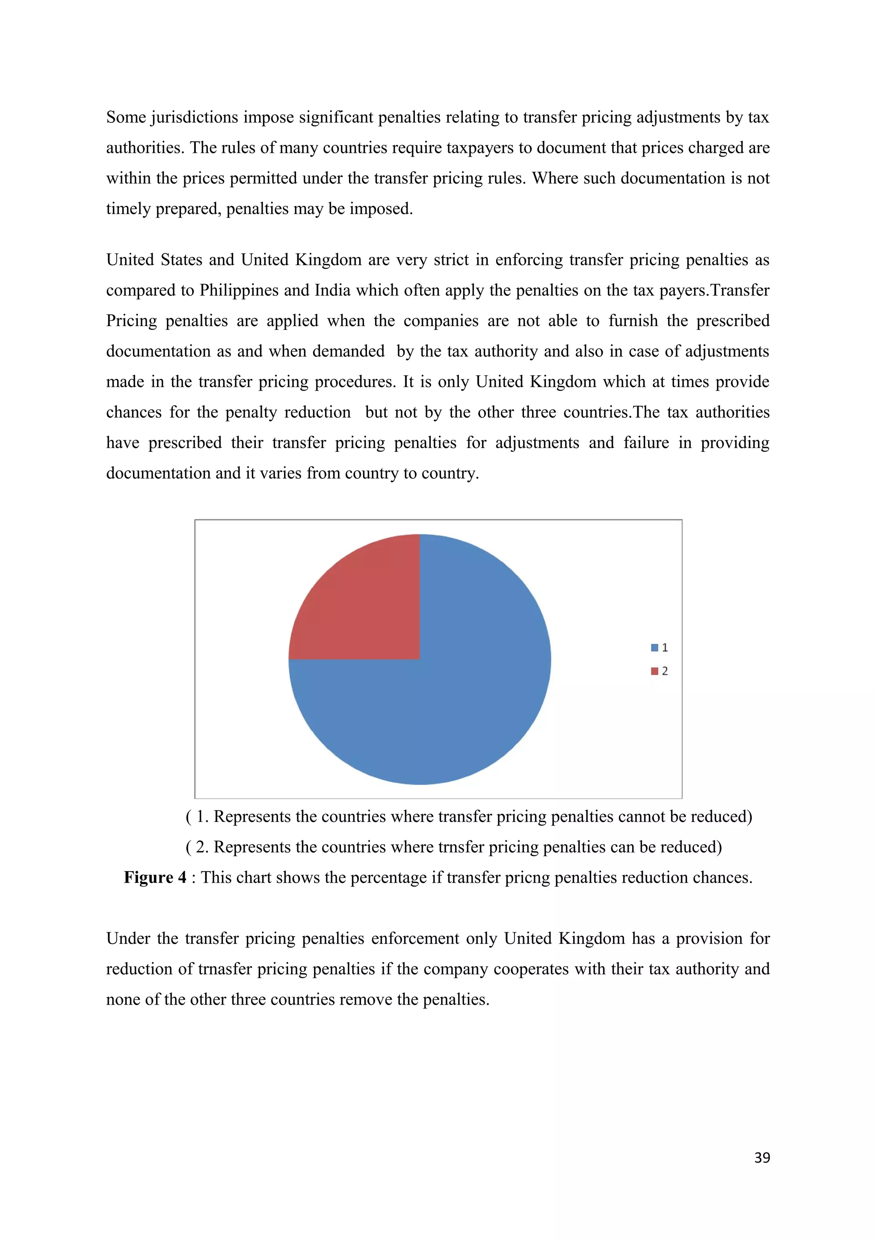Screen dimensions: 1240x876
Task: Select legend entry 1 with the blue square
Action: click(x=659, y=647)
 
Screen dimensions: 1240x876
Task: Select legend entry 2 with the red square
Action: click(x=659, y=671)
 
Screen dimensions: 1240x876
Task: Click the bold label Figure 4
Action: click(x=155, y=878)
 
